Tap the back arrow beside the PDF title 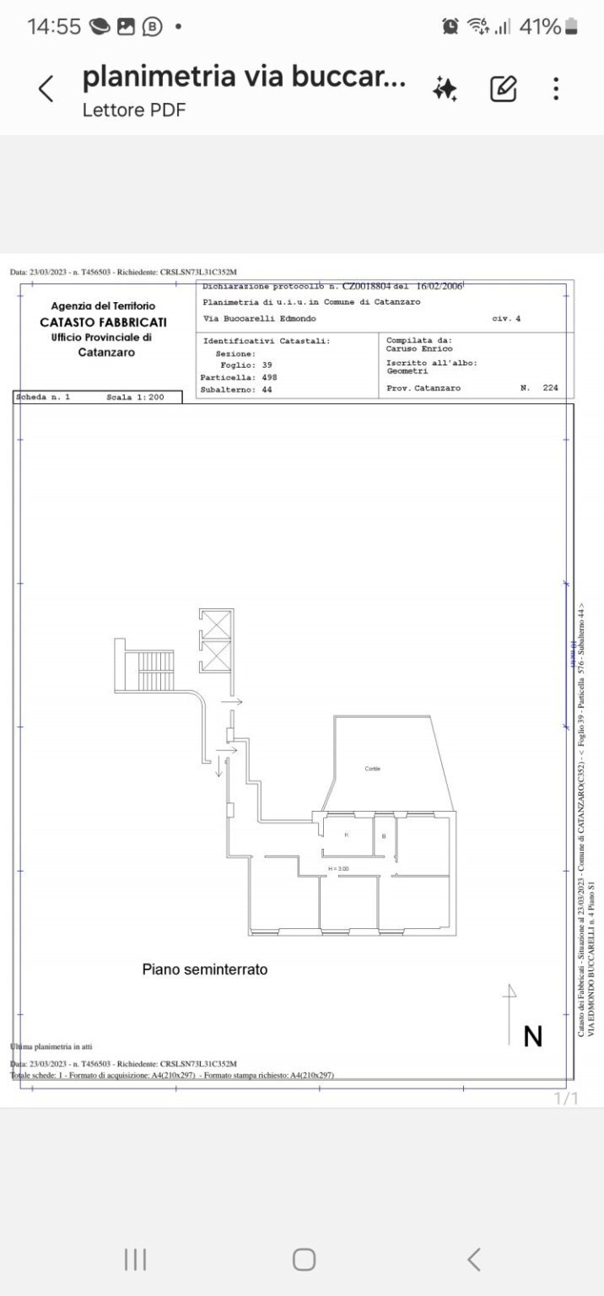pyautogui.click(x=46, y=89)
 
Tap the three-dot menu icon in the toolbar pyautogui.click(x=555, y=89)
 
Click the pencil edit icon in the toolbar pyautogui.click(x=503, y=89)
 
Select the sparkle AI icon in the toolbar pyautogui.click(x=445, y=89)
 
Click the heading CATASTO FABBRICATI pyautogui.click(x=103, y=322)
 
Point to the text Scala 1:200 pyautogui.click(x=135, y=397)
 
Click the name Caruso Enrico pyautogui.click(x=419, y=348)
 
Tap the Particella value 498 pyautogui.click(x=269, y=377)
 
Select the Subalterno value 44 pyautogui.click(x=267, y=390)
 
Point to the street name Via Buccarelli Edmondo pyautogui.click(x=260, y=319)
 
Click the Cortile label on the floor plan pyautogui.click(x=372, y=769)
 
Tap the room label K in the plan pyautogui.click(x=346, y=834)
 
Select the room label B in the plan pyautogui.click(x=384, y=836)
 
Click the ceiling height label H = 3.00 pyautogui.click(x=338, y=868)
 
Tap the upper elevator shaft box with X pyautogui.click(x=215, y=624)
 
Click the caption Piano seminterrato pyautogui.click(x=204, y=969)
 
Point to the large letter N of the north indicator pyautogui.click(x=532, y=1036)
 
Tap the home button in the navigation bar pyautogui.click(x=304, y=1260)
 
